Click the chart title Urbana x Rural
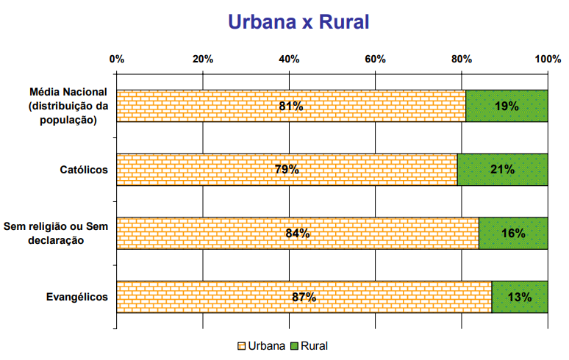click(x=298, y=21)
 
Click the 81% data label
click(x=291, y=106)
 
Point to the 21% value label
click(x=503, y=170)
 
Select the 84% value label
click(x=298, y=234)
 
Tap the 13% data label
click(x=520, y=297)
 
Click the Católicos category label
click(x=84, y=170)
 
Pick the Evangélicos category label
click(x=77, y=297)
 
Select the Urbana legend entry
click(x=261, y=345)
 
